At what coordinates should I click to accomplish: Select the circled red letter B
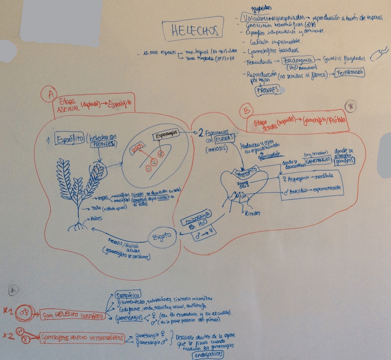(x=248, y=110)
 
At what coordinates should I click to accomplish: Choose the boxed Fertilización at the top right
(x=350, y=72)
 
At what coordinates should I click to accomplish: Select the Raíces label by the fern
(x=96, y=218)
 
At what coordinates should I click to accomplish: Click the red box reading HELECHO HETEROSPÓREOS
(x=81, y=338)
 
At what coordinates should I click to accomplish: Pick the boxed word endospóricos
(x=206, y=354)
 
